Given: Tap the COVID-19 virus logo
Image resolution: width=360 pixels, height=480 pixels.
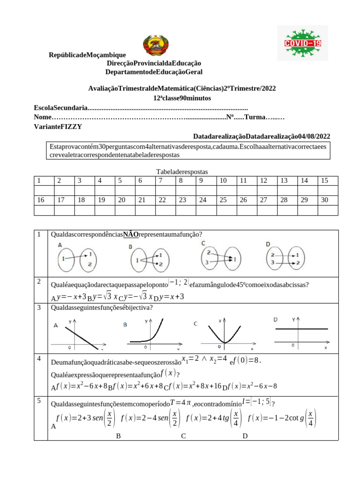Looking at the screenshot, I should [x=303, y=43].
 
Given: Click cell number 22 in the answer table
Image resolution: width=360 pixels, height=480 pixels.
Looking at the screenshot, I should [x=162, y=200].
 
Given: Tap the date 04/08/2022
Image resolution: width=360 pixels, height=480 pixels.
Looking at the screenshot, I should [x=315, y=136].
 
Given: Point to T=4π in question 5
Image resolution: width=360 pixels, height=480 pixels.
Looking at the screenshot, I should [x=180, y=402].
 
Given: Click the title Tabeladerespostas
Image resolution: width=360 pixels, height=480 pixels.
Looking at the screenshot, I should [x=181, y=172].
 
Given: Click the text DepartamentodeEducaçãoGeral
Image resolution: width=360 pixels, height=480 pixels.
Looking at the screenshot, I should [x=154, y=72].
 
